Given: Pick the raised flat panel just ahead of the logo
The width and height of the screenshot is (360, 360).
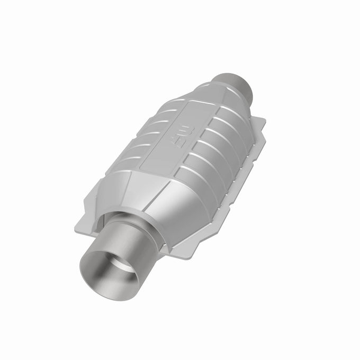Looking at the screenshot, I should pyautogui.click(x=169, y=154).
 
